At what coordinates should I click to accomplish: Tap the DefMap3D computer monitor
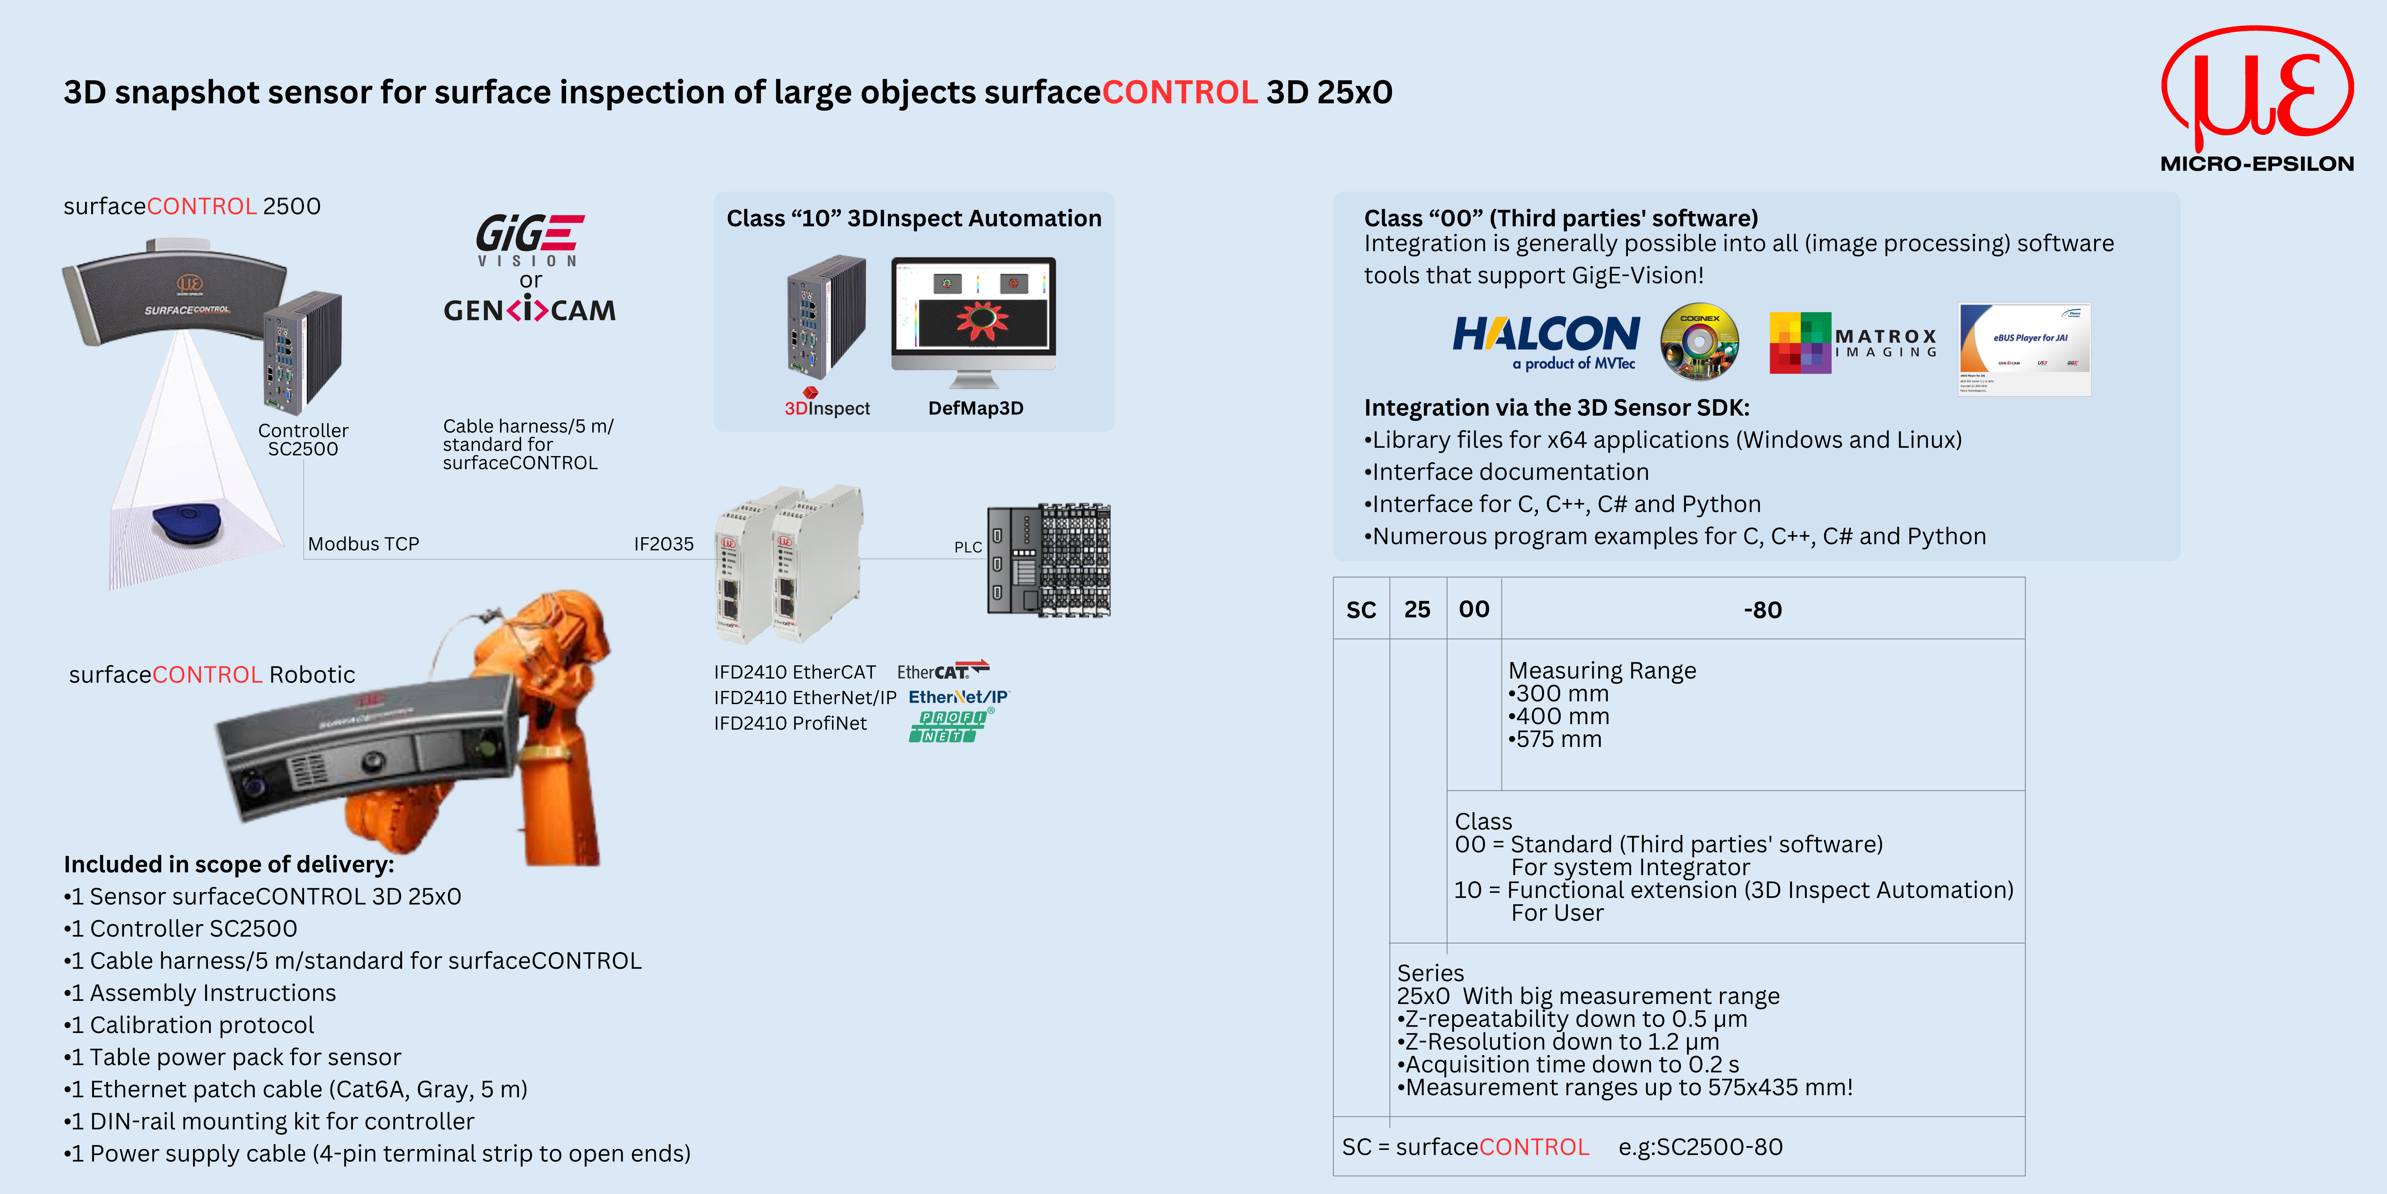coord(973,315)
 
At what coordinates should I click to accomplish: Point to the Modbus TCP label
coord(363,544)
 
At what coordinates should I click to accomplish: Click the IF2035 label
coord(663,544)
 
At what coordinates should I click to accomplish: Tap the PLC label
coord(967,547)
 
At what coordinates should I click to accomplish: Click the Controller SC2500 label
coord(303,439)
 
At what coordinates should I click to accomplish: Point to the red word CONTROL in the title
coord(1179,93)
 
